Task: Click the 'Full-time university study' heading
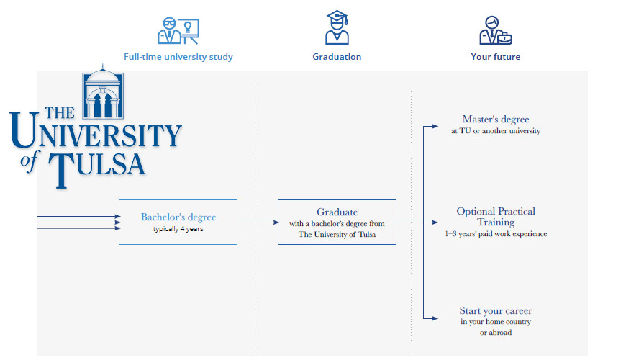[x=178, y=57]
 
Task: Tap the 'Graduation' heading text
[x=337, y=57]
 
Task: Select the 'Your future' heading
[x=496, y=57]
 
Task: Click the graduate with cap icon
[x=337, y=27]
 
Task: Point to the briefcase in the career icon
[x=504, y=38]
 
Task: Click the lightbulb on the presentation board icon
[x=187, y=27]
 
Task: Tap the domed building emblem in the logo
[x=103, y=92]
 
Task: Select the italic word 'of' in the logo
[x=30, y=161]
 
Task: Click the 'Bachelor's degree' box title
[x=178, y=217]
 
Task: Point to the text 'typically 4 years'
[x=178, y=229]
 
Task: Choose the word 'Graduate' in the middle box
[x=337, y=212]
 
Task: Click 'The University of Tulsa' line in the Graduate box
[x=337, y=235]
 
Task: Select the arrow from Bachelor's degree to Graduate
[x=258, y=222]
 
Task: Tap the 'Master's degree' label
[x=496, y=119]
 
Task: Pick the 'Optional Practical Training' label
[x=496, y=217]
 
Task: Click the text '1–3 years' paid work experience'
[x=496, y=234]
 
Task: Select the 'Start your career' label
[x=496, y=311]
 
